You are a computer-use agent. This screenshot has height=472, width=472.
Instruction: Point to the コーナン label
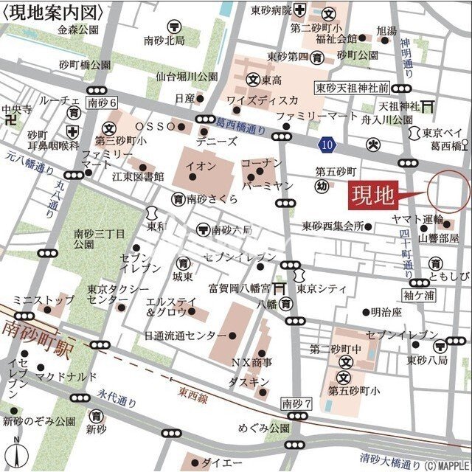click(261, 162)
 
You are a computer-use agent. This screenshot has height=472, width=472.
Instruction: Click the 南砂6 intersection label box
click(101, 103)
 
